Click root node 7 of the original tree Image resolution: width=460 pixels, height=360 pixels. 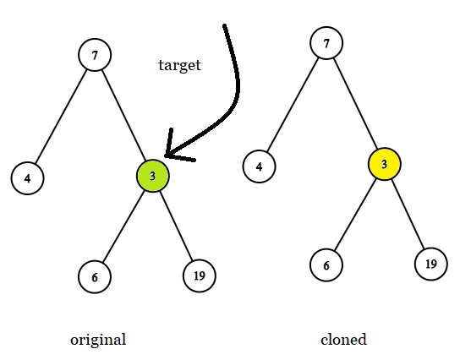pos(95,56)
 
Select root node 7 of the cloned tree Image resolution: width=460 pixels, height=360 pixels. pos(326,41)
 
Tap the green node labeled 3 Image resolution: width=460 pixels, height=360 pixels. pos(152,176)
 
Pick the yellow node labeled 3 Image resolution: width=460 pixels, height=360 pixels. pos(384,164)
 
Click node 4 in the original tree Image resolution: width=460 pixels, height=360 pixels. pos(28,178)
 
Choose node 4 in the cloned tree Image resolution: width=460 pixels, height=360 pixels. pos(259,166)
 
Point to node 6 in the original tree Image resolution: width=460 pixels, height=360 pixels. pos(95,276)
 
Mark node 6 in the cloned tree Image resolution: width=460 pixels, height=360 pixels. pos(327,265)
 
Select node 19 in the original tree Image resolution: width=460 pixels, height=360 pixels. pos(200,275)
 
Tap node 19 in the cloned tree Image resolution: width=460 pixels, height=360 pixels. pos(430,264)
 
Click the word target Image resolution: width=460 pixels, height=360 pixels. pos(179,65)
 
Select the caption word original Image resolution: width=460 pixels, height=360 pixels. pos(98,340)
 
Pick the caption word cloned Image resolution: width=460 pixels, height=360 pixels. pos(343,340)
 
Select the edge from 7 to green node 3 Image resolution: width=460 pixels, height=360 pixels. pos(123,116)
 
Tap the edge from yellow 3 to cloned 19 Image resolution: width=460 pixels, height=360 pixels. pos(408,215)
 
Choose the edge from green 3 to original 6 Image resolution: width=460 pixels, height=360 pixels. pos(123,226)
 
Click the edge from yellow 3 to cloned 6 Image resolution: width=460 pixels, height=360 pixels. pos(355,215)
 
